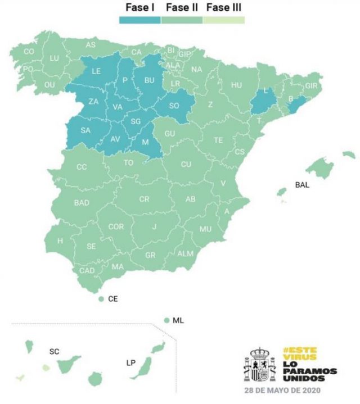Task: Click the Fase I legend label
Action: [x=139, y=8]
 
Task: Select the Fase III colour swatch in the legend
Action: [x=224, y=20]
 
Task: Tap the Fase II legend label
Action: [x=181, y=8]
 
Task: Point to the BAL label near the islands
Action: [x=302, y=184]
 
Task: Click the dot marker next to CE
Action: [x=101, y=299]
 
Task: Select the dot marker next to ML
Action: [x=166, y=320]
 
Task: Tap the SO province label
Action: [x=174, y=105]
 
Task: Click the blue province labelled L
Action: [x=265, y=91]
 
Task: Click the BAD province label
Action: [x=81, y=203]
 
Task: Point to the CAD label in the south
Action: [x=87, y=270]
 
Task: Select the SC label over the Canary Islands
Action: [x=54, y=351]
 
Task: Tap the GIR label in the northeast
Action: [x=311, y=86]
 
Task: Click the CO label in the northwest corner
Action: [x=29, y=52]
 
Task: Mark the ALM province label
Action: [x=185, y=253]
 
